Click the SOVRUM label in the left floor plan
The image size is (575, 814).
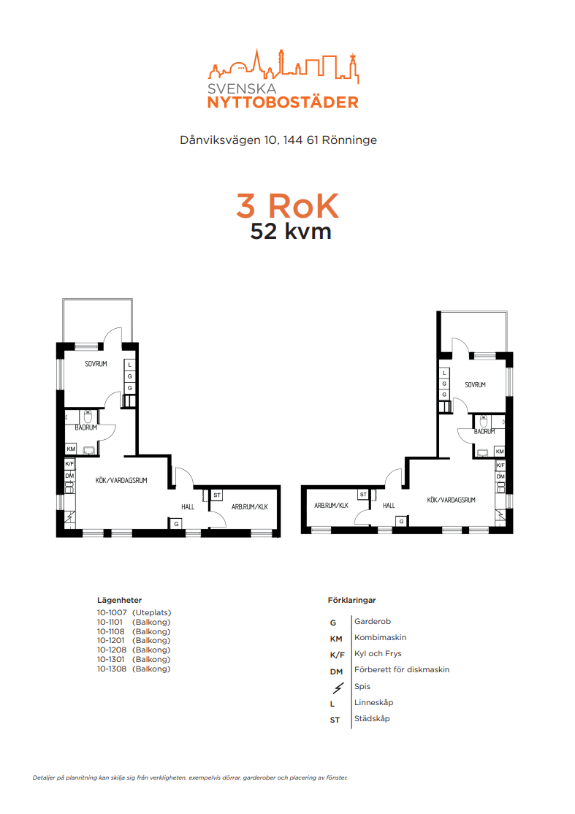(x=96, y=364)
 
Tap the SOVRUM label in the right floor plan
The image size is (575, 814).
(x=476, y=384)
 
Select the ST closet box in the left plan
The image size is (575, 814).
(x=217, y=495)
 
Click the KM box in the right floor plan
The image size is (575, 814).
(x=500, y=452)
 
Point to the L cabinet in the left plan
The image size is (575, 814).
(x=130, y=365)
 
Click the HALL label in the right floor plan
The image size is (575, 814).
(x=389, y=505)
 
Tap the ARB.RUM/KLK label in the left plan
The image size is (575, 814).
(x=250, y=506)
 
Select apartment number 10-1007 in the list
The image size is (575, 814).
(x=112, y=612)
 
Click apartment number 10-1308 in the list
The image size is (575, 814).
(x=112, y=669)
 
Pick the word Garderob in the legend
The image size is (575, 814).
(x=373, y=621)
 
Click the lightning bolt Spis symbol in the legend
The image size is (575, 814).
(x=338, y=688)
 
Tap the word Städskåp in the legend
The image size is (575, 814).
(x=372, y=718)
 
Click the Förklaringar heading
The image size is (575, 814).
(x=352, y=600)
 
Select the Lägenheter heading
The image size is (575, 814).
(x=119, y=600)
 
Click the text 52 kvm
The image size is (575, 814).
(x=291, y=232)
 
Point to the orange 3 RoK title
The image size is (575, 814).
(x=288, y=205)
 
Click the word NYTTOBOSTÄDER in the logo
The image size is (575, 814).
(x=283, y=102)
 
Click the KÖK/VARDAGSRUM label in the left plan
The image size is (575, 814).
(x=121, y=480)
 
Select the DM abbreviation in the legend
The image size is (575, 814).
(x=336, y=672)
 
